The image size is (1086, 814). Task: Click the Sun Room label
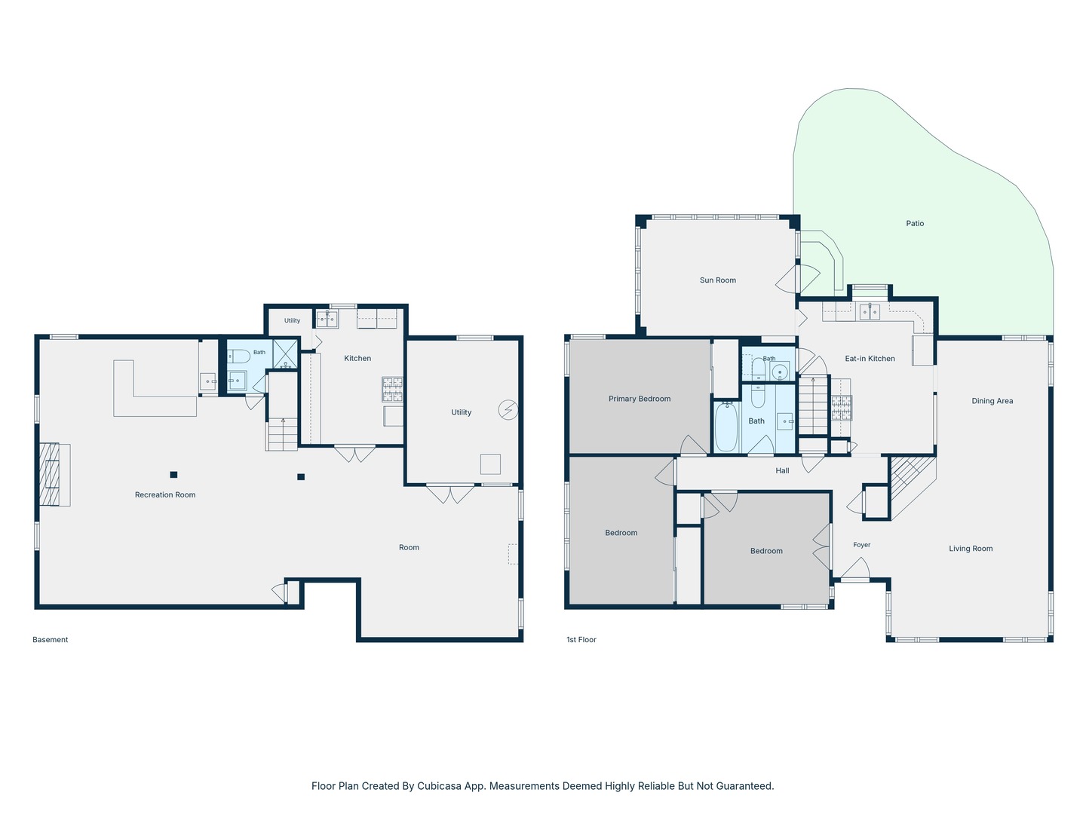point(717,280)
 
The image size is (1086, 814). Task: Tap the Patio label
point(915,223)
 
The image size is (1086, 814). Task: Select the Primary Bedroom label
point(640,399)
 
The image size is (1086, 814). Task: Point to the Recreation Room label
point(164,494)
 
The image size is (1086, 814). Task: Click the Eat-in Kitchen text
point(870,359)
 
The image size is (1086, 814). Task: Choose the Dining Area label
point(992,401)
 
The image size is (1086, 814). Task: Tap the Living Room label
point(970,549)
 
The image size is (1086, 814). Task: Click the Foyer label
point(861,545)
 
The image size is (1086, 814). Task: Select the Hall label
point(782,470)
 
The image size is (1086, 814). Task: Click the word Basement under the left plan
point(50,640)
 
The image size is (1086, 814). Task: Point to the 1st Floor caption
point(581,640)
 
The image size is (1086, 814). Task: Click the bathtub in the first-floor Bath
point(726,427)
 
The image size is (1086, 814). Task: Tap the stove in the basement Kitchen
point(392,389)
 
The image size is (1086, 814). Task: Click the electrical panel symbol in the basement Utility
point(508,410)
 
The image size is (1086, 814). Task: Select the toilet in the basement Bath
point(238,356)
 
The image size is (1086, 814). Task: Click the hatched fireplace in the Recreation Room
point(50,475)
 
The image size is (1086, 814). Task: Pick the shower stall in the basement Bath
point(286,354)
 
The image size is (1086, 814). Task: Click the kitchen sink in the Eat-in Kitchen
point(870,312)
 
